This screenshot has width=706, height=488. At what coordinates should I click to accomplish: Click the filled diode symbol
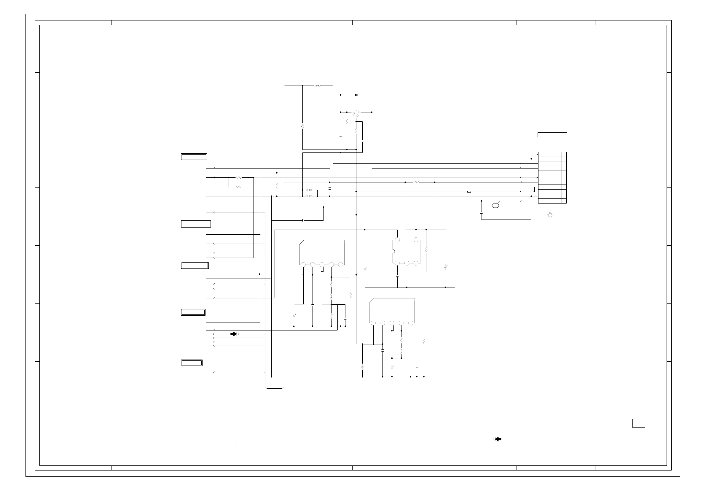click(356, 95)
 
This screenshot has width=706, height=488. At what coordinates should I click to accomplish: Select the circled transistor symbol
click(356, 113)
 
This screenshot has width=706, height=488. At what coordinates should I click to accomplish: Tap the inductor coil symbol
click(416, 182)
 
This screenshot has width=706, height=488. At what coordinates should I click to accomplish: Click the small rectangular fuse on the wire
click(469, 192)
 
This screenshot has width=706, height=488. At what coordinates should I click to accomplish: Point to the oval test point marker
click(495, 206)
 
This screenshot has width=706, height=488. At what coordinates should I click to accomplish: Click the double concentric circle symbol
click(550, 215)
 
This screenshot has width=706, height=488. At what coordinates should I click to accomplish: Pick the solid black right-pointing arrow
click(234, 334)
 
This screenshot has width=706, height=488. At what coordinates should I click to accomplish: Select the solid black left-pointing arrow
click(498, 439)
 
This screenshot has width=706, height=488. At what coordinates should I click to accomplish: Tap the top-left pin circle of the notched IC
click(397, 240)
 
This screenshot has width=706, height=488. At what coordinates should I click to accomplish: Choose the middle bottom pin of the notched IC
click(407, 263)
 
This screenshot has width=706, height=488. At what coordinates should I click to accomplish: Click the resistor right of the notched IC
click(426, 250)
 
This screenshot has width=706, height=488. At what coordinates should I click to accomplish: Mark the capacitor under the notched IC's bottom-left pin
click(397, 276)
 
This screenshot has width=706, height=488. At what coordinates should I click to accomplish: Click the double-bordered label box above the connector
click(552, 135)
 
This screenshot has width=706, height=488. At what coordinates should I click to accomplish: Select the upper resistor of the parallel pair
click(239, 177)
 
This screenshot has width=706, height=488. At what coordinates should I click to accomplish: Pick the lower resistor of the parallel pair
click(239, 187)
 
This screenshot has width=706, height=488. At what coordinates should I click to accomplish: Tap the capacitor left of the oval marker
click(481, 212)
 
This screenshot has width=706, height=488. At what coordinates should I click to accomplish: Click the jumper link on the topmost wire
click(317, 86)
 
